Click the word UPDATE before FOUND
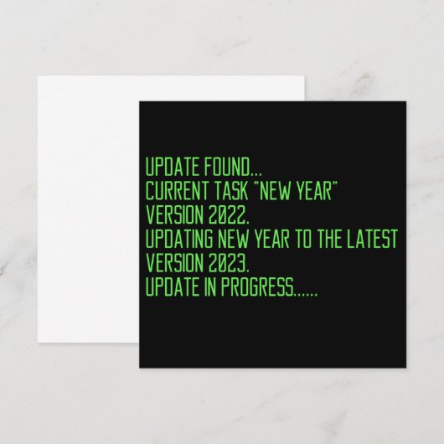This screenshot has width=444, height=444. pos(168,164)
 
